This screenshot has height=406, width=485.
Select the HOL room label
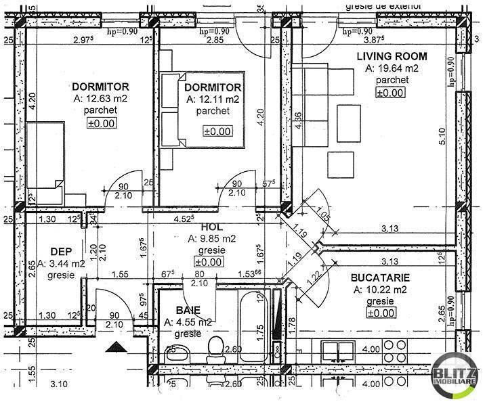(x=211, y=227)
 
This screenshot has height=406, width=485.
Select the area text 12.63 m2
(x=100, y=99)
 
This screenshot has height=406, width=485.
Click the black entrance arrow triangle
(x=118, y=346)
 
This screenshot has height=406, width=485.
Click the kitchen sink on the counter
(x=334, y=351)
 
